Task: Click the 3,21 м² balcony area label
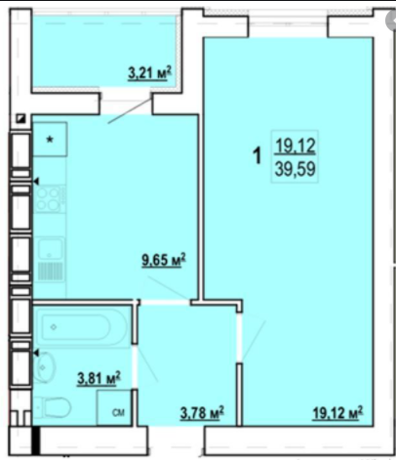click(x=149, y=73)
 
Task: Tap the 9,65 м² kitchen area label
click(x=164, y=260)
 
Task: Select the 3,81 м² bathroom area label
click(x=99, y=379)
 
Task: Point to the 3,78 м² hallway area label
click(x=202, y=413)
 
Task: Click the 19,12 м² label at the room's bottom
click(x=337, y=413)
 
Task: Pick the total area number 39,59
click(x=295, y=169)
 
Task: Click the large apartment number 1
click(x=257, y=155)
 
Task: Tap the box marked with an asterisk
click(x=50, y=140)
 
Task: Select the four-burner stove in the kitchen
click(x=50, y=198)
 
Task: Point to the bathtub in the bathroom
click(x=81, y=326)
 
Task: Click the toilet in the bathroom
click(x=53, y=407)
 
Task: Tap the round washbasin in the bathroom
click(x=44, y=368)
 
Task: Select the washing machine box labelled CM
click(x=114, y=407)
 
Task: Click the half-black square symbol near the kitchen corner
click(x=21, y=118)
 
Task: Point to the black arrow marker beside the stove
click(x=36, y=181)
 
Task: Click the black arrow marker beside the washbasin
click(x=36, y=353)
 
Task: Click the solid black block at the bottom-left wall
click(x=36, y=440)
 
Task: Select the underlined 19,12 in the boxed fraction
click(x=296, y=146)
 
